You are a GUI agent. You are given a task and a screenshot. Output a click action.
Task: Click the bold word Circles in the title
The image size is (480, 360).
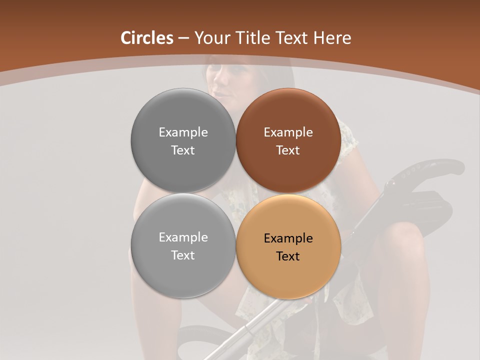146,38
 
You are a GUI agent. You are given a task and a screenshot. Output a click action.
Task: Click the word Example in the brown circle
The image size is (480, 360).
288,132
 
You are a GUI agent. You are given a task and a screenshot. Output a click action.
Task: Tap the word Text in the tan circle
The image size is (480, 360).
288,256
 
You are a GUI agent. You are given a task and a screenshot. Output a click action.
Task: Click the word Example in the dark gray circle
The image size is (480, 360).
183,132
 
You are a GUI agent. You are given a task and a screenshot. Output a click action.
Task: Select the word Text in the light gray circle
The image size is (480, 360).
183,255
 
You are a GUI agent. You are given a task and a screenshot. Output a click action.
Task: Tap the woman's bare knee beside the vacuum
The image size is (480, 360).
400,235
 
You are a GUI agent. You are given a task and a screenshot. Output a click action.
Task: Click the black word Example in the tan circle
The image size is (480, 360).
288,238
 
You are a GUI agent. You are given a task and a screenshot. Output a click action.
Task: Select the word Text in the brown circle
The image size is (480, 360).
288,150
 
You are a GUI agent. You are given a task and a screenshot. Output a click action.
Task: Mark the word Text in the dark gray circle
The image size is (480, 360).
183,150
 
